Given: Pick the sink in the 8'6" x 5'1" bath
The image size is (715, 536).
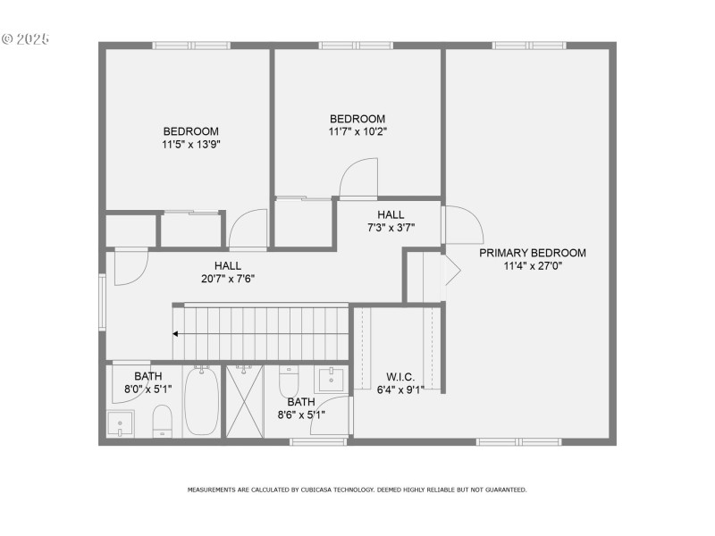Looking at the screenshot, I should (330, 378).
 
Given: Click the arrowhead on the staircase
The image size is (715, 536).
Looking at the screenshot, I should (176, 334).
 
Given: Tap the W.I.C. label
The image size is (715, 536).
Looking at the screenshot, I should (400, 376).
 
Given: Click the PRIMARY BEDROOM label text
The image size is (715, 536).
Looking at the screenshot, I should (533, 253).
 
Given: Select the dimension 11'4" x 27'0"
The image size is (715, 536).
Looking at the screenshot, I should (533, 265).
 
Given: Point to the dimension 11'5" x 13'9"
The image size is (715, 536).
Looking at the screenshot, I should (190, 144).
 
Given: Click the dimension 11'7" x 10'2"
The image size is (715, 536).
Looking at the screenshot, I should (357, 131).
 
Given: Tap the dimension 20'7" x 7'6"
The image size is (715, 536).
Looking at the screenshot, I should (228, 278).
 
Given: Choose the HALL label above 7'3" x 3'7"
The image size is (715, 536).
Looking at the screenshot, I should (391, 214).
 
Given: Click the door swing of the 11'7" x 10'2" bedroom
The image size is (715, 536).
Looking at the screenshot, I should (357, 177).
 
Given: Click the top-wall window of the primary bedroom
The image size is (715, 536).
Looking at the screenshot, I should (528, 45).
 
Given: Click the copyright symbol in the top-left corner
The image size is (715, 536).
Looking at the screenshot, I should (7, 39).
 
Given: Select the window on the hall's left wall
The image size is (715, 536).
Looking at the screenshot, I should (102, 303).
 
